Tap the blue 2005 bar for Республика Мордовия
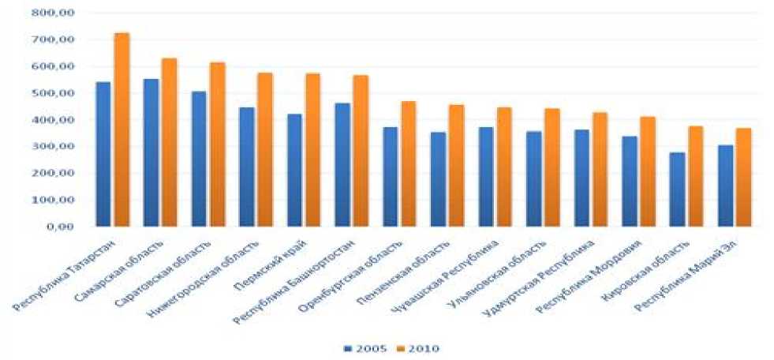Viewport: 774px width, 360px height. click(x=629, y=182)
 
